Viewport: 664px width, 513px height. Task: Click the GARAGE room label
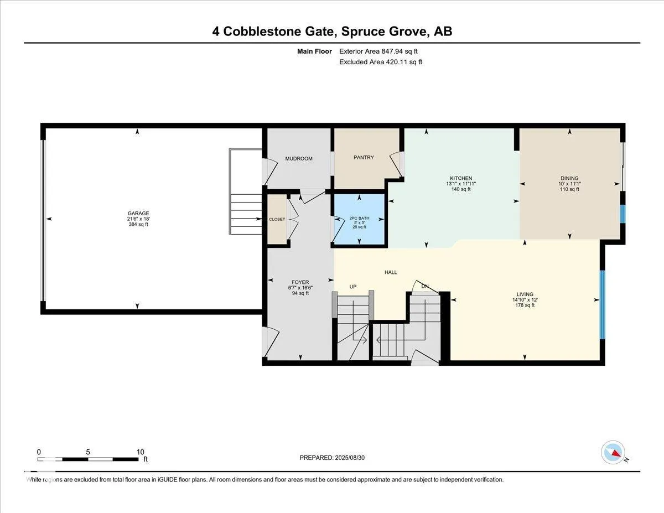point(138,213)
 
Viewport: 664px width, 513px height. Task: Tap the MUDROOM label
point(299,159)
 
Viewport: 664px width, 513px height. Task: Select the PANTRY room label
point(364,158)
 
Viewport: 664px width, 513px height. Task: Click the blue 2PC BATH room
point(360,221)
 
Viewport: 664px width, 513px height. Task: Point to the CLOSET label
point(277,219)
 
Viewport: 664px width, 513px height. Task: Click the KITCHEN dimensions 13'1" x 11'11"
point(460,184)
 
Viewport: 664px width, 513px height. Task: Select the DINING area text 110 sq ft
point(569,189)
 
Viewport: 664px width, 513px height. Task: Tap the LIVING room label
point(525,294)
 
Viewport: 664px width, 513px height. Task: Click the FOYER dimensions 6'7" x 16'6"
point(300,288)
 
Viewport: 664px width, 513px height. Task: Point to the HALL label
point(391,272)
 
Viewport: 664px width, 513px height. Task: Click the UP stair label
point(352,287)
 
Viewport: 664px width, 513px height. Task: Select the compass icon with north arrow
point(613,452)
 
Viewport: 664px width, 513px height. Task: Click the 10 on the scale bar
point(141,452)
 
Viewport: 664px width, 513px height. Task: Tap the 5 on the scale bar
point(89,452)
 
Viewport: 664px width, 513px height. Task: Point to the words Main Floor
point(314,51)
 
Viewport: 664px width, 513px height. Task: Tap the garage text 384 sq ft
point(138,224)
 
